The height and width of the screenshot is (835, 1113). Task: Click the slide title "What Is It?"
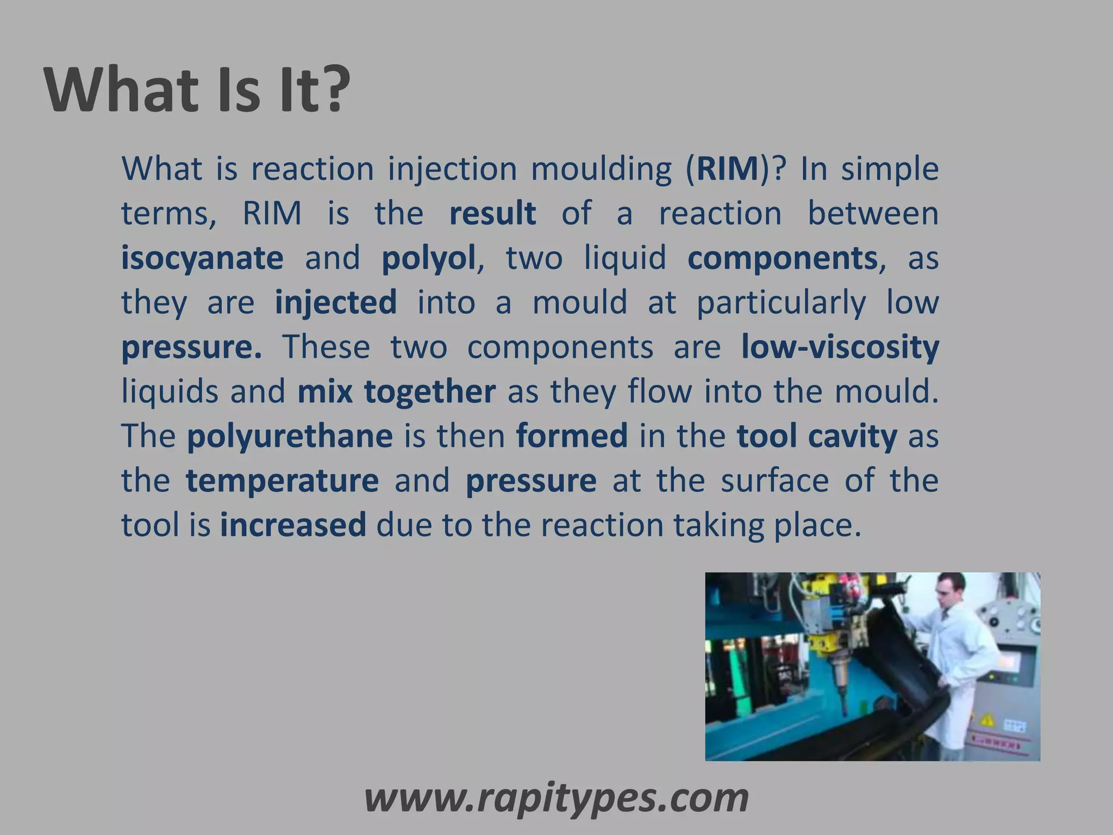[197, 90]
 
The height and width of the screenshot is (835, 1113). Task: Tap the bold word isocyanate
[202, 258]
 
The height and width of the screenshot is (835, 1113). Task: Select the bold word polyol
[428, 258]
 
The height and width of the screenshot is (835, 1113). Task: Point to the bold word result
[492, 213]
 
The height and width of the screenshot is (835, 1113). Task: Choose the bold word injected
[335, 302]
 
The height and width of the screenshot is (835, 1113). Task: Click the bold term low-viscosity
[840, 347]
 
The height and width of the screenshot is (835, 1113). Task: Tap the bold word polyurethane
[289, 436]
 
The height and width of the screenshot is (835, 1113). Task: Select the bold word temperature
[282, 481]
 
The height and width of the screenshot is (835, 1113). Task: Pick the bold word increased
[293, 525]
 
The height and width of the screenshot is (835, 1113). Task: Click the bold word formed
[572, 436]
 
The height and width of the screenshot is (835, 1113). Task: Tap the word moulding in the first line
[601, 169]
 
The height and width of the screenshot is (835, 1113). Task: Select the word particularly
[781, 302]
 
